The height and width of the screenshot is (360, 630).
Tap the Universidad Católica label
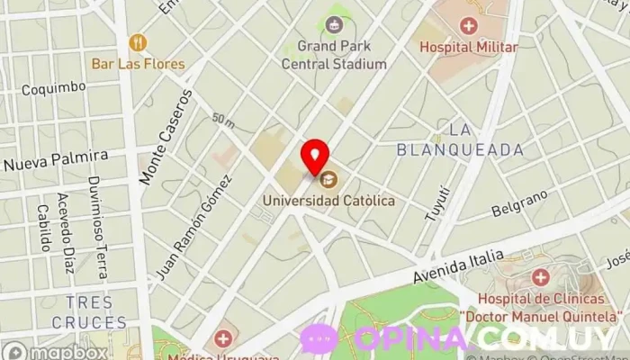pos(328,200)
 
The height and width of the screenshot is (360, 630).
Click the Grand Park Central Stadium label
pos(334,55)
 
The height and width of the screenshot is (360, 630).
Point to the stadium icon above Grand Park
pos(335,24)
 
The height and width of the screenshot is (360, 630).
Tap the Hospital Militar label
pos(468,47)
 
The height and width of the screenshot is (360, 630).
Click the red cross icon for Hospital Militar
pos(468,25)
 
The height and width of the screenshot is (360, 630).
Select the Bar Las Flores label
pos(138,64)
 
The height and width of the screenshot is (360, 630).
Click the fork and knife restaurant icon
pos(137,42)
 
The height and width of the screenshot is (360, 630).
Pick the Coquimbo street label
pos(53,88)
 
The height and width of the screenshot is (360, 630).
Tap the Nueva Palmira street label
pos(55,160)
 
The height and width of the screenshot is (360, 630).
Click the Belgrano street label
pos(520,204)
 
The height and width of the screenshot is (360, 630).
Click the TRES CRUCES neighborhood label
pos(89,312)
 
